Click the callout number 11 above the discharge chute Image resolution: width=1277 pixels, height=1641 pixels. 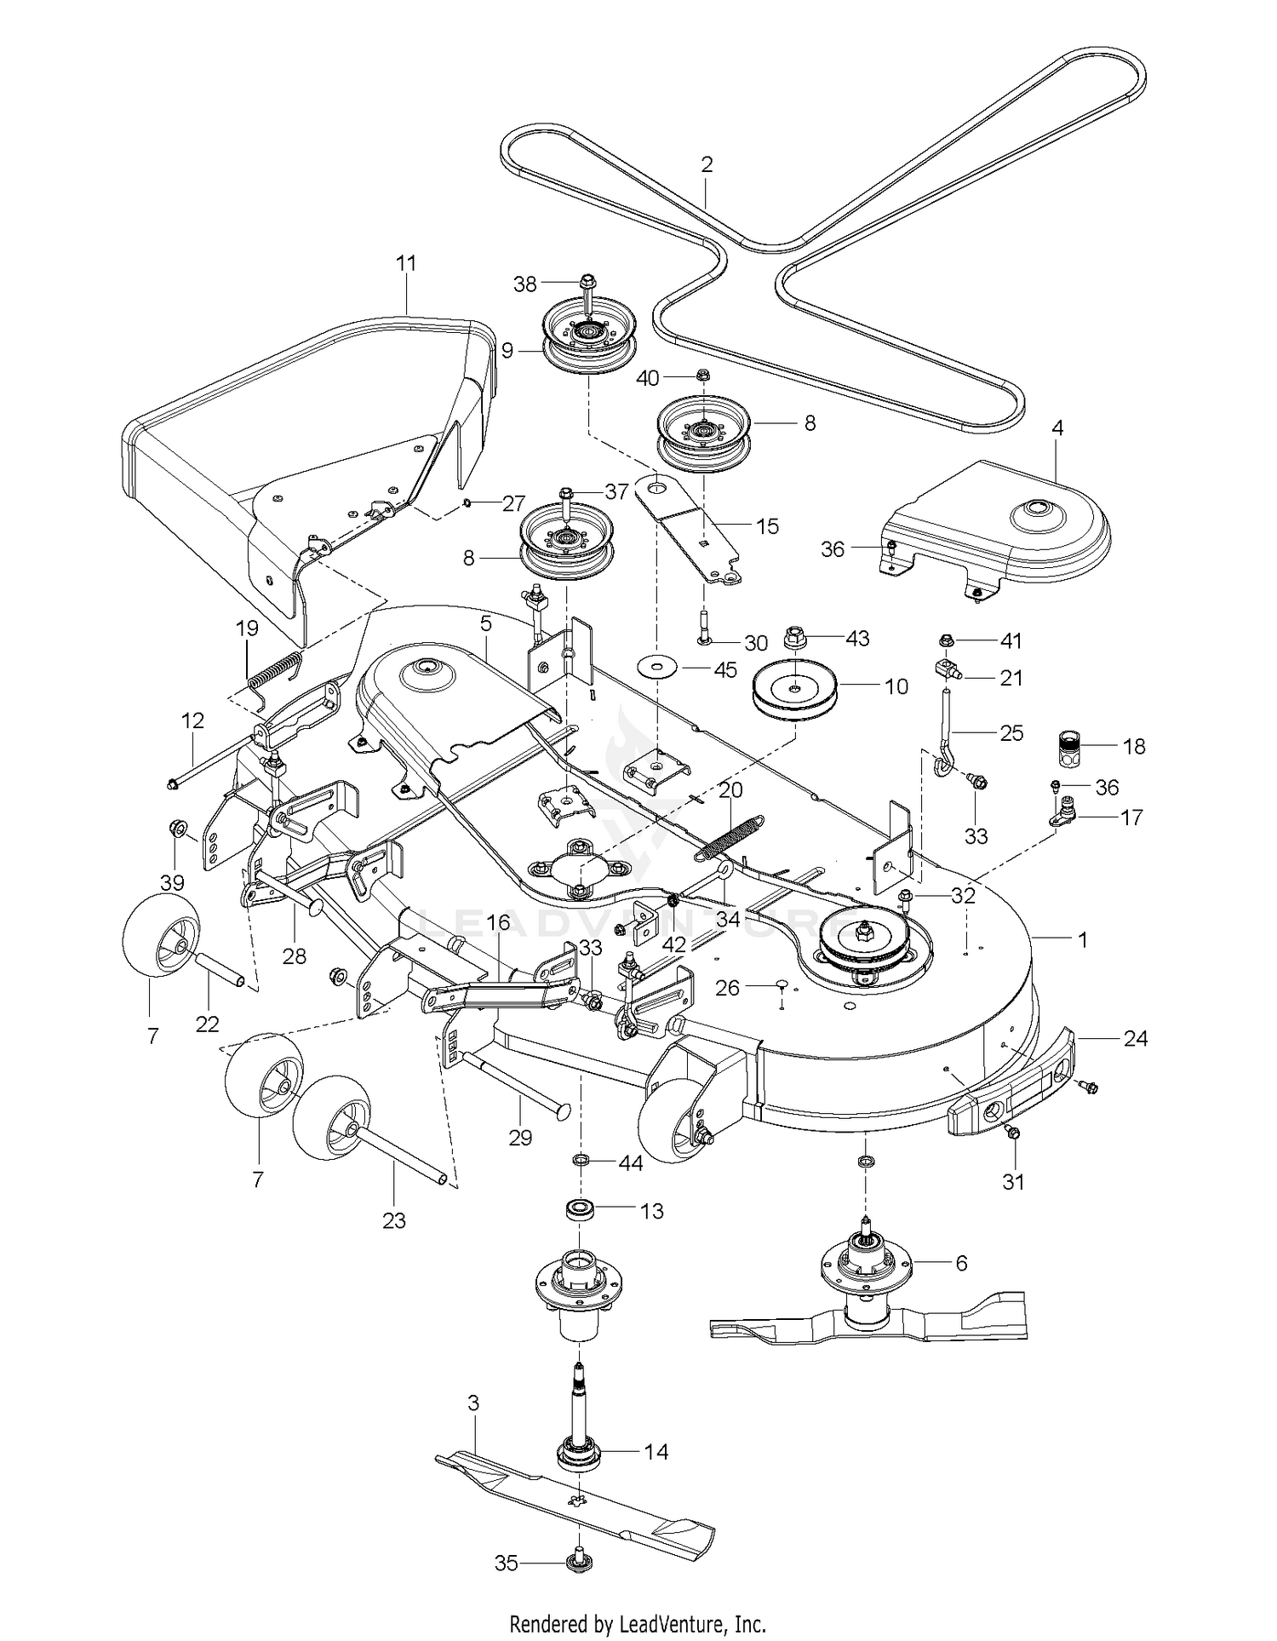[x=407, y=263]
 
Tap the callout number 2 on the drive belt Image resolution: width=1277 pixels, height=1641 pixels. [x=707, y=164]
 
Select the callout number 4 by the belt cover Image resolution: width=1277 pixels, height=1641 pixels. [x=1057, y=427]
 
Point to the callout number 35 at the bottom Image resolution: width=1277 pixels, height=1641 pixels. [x=507, y=1564]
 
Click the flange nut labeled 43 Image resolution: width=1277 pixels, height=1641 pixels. [x=793, y=638]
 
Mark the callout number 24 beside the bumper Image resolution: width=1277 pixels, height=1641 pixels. [x=1136, y=1038]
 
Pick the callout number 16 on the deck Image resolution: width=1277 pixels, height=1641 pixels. [x=497, y=922]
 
